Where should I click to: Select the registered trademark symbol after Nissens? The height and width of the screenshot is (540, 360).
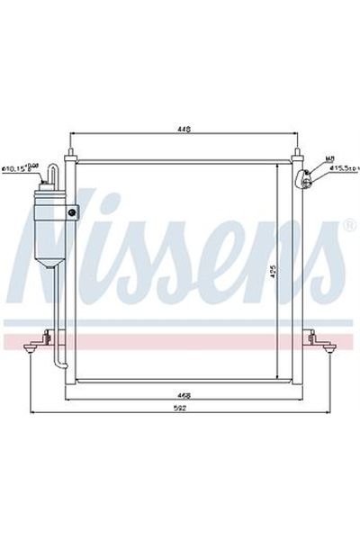(x=348, y=224)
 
